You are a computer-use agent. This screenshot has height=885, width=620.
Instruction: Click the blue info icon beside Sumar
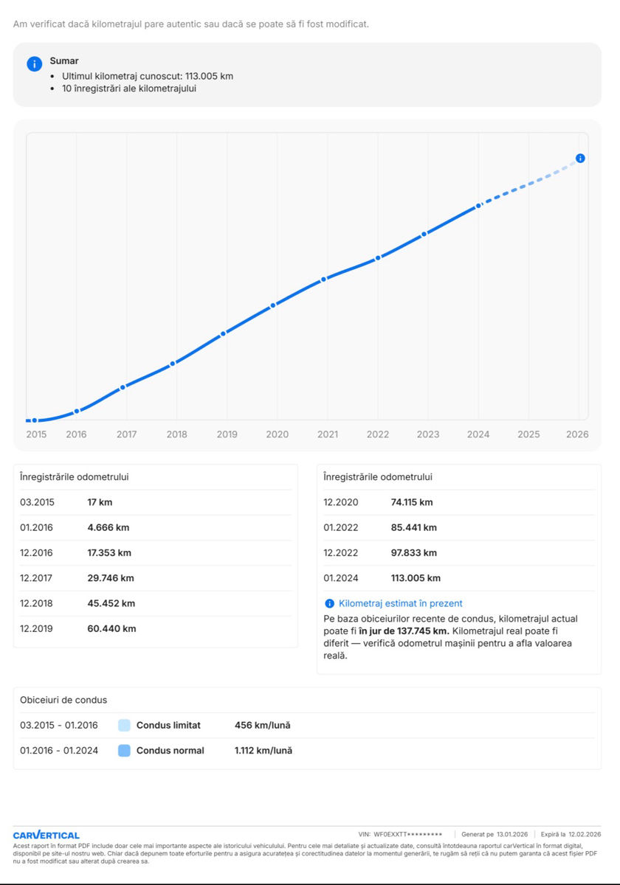coord(35,63)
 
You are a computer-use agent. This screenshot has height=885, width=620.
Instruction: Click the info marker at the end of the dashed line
coord(580,159)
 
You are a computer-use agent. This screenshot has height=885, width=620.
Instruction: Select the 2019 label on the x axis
coord(227,434)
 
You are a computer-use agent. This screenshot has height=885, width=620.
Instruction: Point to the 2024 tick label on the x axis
coord(478,434)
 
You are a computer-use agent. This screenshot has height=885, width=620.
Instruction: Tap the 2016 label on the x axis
coord(76,434)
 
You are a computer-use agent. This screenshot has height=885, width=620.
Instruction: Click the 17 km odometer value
coord(100,502)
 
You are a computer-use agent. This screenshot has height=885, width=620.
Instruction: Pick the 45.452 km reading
coord(111,603)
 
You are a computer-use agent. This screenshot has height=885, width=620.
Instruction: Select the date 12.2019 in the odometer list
coord(36,628)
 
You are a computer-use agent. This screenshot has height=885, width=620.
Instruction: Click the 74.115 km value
coord(412,502)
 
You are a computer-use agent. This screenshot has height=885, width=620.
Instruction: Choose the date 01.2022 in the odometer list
coord(341,527)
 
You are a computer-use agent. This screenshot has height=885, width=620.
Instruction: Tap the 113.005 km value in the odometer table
coord(416,578)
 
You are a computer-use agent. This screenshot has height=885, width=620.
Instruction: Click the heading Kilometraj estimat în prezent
coord(401,603)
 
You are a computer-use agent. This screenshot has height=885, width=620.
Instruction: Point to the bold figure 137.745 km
coord(423,631)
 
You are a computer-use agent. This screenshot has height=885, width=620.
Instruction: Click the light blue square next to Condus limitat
coord(124,726)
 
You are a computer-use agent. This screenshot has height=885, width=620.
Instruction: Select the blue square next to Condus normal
coord(124,751)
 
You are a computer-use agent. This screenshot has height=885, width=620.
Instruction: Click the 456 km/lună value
coord(263,726)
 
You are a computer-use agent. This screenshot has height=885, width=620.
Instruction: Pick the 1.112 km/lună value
coord(263,751)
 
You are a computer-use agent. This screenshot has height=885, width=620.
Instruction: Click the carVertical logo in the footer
coord(46,835)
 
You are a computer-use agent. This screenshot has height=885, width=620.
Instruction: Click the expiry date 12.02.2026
coord(585,834)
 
